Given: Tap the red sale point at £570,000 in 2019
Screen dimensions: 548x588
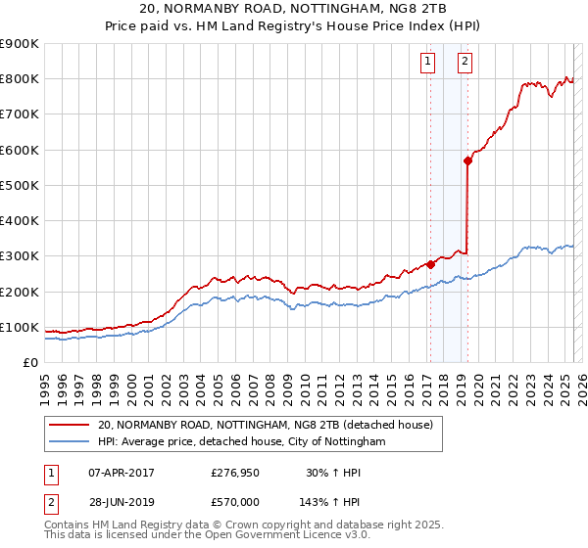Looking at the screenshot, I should click(x=468, y=161).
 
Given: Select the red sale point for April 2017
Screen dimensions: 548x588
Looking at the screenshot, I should click(x=430, y=264).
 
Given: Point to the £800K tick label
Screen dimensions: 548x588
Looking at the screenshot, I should click(x=20, y=79).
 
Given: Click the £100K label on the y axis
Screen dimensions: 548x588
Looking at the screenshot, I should click(x=20, y=327).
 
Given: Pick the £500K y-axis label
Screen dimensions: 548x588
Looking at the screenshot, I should click(x=20, y=185).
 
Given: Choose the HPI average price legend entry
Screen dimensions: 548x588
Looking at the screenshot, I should click(x=241, y=442).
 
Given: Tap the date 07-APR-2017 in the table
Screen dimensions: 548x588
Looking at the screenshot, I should click(x=122, y=472).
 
